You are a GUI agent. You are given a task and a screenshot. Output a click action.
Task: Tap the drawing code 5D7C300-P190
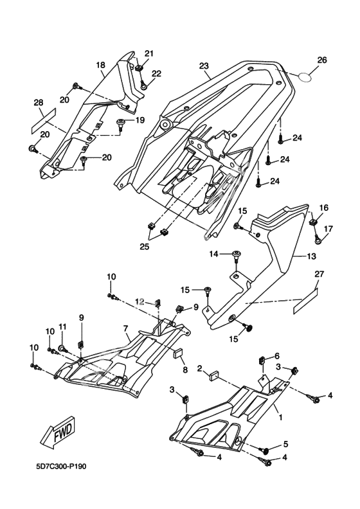61,467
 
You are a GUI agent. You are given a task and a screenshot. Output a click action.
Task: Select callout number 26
321,60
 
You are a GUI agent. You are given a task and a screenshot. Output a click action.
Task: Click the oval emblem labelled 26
305,77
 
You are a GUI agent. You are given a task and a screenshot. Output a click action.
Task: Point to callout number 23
204,66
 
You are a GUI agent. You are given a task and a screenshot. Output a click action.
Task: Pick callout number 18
101,65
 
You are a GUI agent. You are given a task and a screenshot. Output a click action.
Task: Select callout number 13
311,256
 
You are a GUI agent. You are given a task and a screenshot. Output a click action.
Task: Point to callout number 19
139,120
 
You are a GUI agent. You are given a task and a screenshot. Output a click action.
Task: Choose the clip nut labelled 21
139,67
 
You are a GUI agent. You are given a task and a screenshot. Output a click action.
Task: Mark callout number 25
145,247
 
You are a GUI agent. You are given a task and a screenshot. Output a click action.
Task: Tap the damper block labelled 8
178,353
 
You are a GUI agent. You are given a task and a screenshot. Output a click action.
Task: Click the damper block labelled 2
213,375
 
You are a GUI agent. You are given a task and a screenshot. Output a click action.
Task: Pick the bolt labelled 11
62,348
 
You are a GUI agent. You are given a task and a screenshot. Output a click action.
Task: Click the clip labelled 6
262,361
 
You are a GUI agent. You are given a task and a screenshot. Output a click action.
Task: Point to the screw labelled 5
265,450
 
